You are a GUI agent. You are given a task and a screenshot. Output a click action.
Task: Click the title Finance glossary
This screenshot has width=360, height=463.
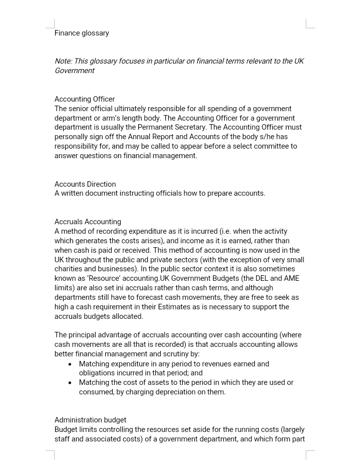82,33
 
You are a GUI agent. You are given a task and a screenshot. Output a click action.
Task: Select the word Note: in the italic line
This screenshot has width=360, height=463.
63,61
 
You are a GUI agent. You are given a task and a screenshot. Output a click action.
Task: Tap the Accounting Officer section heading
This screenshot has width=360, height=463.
85,99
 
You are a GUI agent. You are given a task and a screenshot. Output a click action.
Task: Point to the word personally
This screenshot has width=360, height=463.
72,137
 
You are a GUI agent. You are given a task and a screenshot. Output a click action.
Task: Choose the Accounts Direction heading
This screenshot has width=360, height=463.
85,184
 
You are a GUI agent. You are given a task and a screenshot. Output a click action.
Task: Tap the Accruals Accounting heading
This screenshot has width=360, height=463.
88,222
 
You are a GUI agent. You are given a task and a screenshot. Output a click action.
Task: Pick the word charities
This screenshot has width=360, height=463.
70,269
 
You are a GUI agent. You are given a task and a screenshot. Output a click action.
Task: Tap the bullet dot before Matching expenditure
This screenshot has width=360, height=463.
70,364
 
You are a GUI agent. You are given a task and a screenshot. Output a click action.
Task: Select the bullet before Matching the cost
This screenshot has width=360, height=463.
70,383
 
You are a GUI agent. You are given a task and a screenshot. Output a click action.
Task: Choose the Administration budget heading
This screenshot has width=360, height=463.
90,420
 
